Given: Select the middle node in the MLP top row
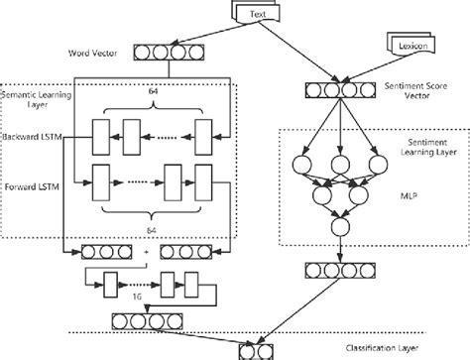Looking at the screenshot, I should (x=339, y=162).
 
